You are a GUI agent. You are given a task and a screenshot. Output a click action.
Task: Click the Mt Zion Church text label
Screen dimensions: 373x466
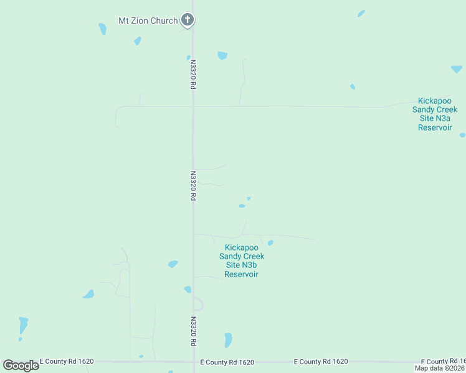148,21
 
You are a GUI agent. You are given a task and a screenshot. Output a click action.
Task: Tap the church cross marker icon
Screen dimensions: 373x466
188,20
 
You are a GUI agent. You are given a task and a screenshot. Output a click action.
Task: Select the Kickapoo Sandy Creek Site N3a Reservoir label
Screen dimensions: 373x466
435,114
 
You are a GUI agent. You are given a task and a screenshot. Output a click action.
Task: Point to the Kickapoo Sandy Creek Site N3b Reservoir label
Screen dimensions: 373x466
242,260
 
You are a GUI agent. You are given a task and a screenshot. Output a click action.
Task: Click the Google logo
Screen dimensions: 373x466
21,365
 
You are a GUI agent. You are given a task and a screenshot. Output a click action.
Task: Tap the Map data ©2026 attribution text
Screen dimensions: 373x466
439,368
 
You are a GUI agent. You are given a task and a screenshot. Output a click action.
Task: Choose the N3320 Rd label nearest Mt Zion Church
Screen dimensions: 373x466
193,75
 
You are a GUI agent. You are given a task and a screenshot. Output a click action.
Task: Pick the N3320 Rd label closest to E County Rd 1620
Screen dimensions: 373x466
193,331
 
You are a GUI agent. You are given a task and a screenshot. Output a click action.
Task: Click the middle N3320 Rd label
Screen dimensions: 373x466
193,185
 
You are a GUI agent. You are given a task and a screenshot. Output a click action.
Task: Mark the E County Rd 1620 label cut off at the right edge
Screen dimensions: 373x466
443,362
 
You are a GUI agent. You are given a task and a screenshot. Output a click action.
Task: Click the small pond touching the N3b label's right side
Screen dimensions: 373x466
270,242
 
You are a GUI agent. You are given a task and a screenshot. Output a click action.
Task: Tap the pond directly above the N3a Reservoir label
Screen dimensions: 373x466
457,69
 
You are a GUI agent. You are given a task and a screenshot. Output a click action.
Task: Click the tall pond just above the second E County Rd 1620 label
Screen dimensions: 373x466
228,340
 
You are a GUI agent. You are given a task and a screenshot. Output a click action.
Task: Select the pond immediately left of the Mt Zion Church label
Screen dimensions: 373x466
102,29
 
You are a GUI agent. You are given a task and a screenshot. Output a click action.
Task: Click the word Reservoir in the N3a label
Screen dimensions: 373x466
435,127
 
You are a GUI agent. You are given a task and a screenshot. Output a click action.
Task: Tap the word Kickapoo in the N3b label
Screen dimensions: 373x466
242,247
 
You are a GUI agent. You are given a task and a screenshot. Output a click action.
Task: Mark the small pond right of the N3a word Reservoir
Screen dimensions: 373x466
462,135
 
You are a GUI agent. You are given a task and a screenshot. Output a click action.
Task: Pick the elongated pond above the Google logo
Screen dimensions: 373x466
23,325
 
